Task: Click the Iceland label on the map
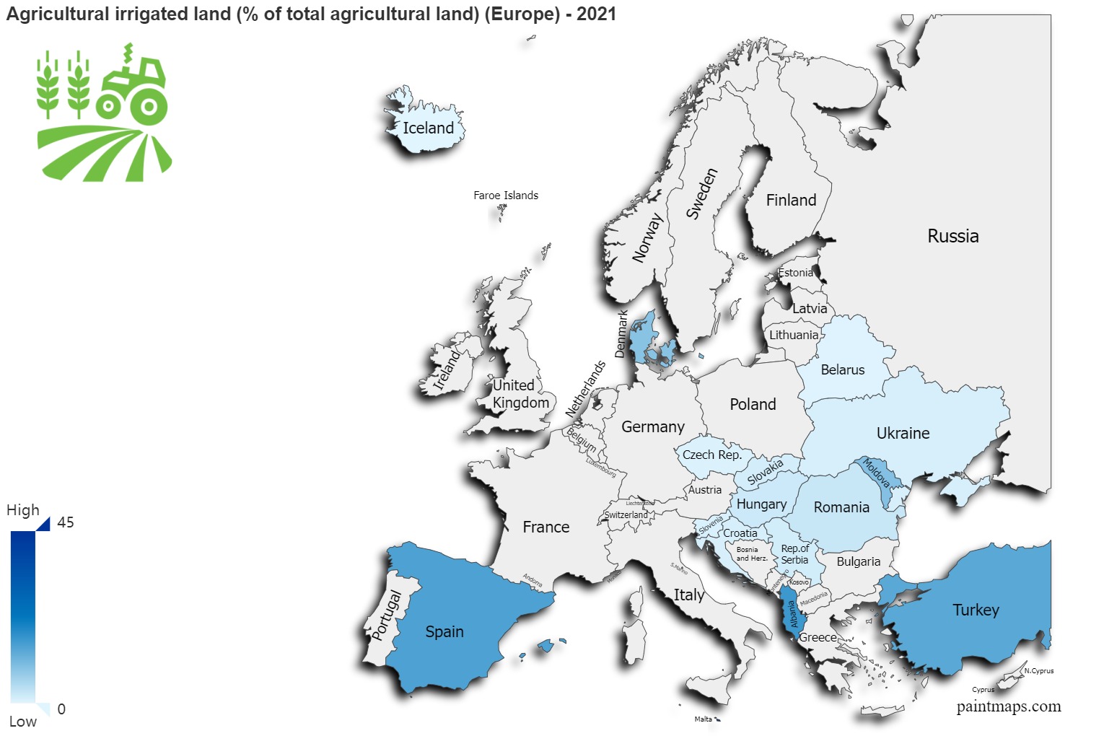click(x=428, y=128)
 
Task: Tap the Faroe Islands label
click(x=505, y=196)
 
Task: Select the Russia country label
click(x=952, y=237)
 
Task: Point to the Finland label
click(x=791, y=201)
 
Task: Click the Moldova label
click(x=877, y=473)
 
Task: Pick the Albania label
click(x=792, y=614)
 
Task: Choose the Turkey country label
click(x=976, y=610)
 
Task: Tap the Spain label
click(x=444, y=632)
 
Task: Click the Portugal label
click(x=387, y=615)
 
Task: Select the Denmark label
click(x=621, y=334)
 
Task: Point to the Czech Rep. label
click(x=711, y=455)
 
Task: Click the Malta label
click(x=703, y=719)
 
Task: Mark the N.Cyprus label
click(x=1039, y=671)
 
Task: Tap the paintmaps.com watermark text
click(x=1008, y=706)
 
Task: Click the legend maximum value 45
click(x=66, y=522)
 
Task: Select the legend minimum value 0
click(x=61, y=709)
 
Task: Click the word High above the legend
click(x=23, y=510)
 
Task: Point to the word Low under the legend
click(x=22, y=722)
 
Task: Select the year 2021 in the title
click(x=596, y=14)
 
